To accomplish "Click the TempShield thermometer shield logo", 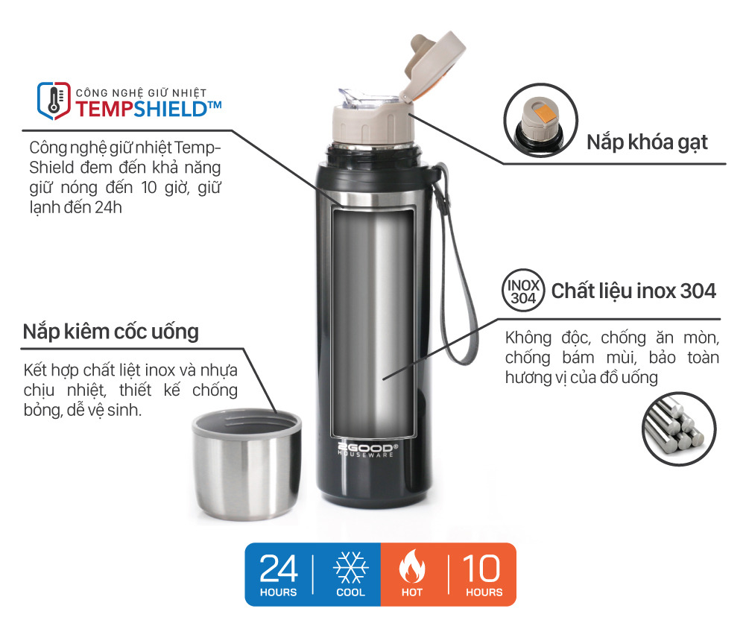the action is [x=54, y=101].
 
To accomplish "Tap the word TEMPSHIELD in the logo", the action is [x=142, y=109].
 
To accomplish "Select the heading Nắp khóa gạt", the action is [x=647, y=142].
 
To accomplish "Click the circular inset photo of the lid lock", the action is [x=540, y=120].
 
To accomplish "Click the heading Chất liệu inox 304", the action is [x=633, y=291].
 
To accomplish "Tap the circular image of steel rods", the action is [x=678, y=429].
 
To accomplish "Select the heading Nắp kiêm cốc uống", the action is [x=111, y=332].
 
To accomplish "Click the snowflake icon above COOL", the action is [x=350, y=567].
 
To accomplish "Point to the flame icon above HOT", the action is [x=411, y=566].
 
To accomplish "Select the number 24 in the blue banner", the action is [x=278, y=569].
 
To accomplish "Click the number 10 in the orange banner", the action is [x=481, y=569].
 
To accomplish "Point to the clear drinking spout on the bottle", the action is [x=357, y=98].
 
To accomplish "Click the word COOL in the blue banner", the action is [x=350, y=592].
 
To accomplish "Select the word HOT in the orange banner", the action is [x=412, y=592].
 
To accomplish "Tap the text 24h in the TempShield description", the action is [x=108, y=207].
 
